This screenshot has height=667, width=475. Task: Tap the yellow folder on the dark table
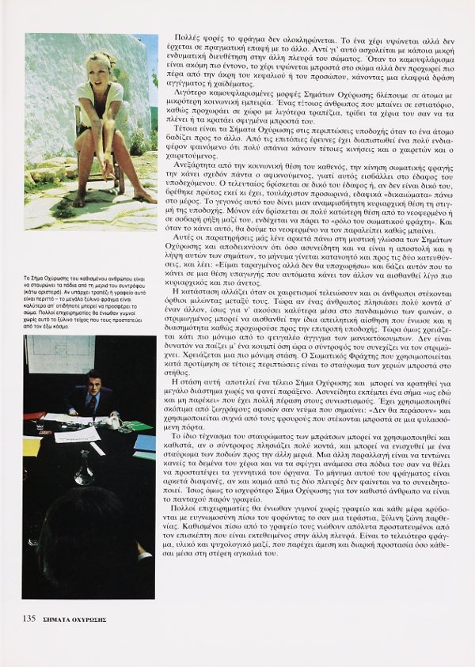coord(31,446)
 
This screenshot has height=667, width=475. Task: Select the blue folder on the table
coord(146,443)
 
